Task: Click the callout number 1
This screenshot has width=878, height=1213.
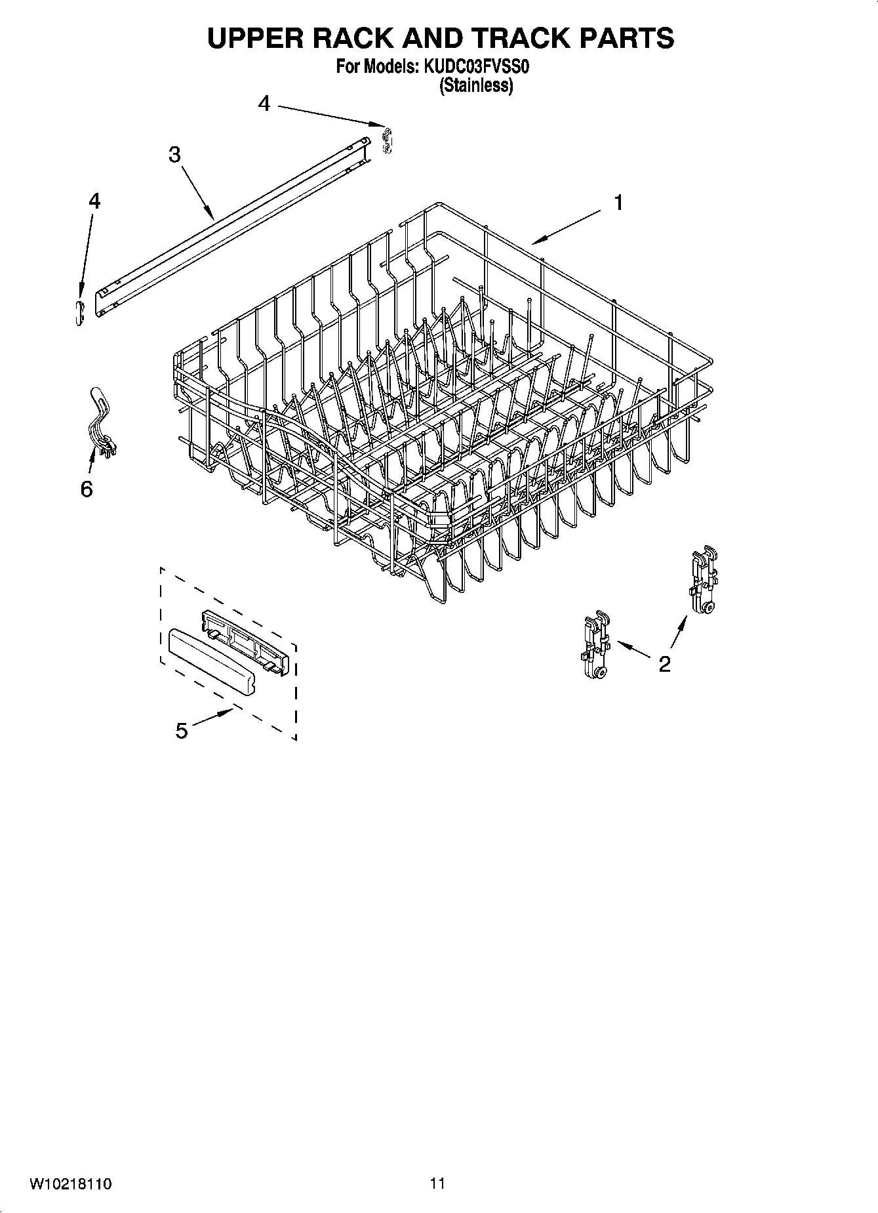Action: pyautogui.click(x=618, y=203)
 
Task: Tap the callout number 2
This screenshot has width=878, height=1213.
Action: pyautogui.click(x=664, y=664)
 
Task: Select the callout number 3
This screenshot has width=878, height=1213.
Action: pyautogui.click(x=174, y=155)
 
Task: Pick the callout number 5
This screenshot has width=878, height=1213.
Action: pyautogui.click(x=182, y=730)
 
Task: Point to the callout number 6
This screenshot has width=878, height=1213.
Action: pyautogui.click(x=87, y=489)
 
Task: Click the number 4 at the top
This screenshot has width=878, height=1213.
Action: pyautogui.click(x=264, y=104)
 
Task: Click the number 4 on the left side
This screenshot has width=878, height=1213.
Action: pyautogui.click(x=94, y=201)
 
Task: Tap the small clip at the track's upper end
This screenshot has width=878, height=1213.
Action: pyautogui.click(x=387, y=140)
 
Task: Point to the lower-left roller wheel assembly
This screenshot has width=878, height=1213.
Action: pyautogui.click(x=595, y=646)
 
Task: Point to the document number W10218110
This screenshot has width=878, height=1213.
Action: pyautogui.click(x=70, y=1183)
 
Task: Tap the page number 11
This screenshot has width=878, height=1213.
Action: pyautogui.click(x=437, y=1183)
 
